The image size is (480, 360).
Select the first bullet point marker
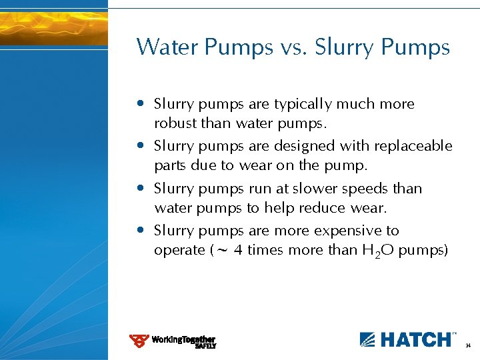pos(141,104)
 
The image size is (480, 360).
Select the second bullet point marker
pos(141,145)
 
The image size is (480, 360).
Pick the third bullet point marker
pos(141,189)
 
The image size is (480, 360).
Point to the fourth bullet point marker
pos(141,231)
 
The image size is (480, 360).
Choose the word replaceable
pos(413,146)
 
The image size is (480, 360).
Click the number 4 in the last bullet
pos(238,251)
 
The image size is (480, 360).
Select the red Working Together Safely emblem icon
pos(139,341)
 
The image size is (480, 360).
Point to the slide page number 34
pos(468,346)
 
